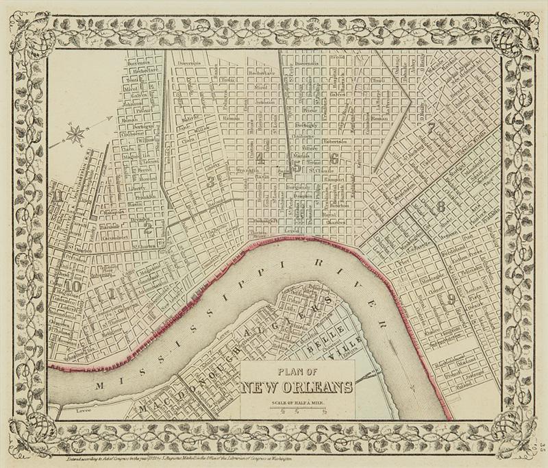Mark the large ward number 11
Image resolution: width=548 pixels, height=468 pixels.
click(62, 198)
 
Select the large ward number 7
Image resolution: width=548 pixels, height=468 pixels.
click(429, 127)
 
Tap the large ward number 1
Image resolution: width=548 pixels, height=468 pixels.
click(111, 295)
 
